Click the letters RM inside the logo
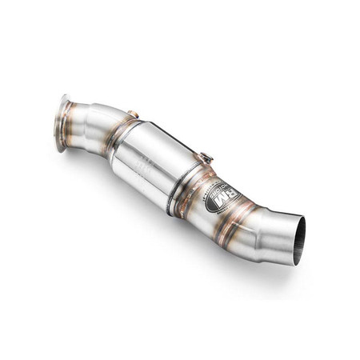coord(226,194)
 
